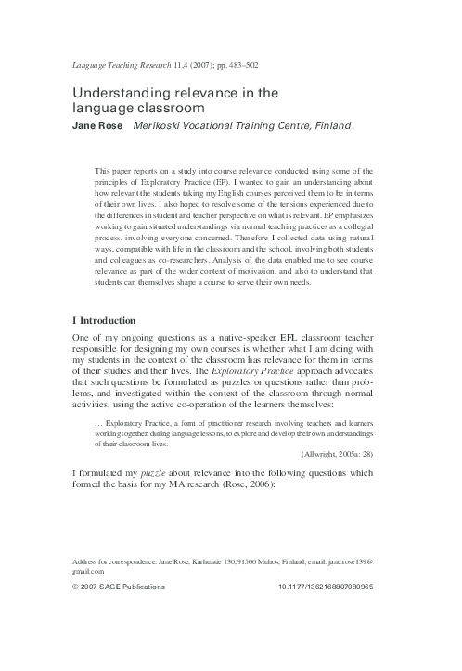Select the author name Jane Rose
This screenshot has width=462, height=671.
pyautogui.click(x=98, y=123)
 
